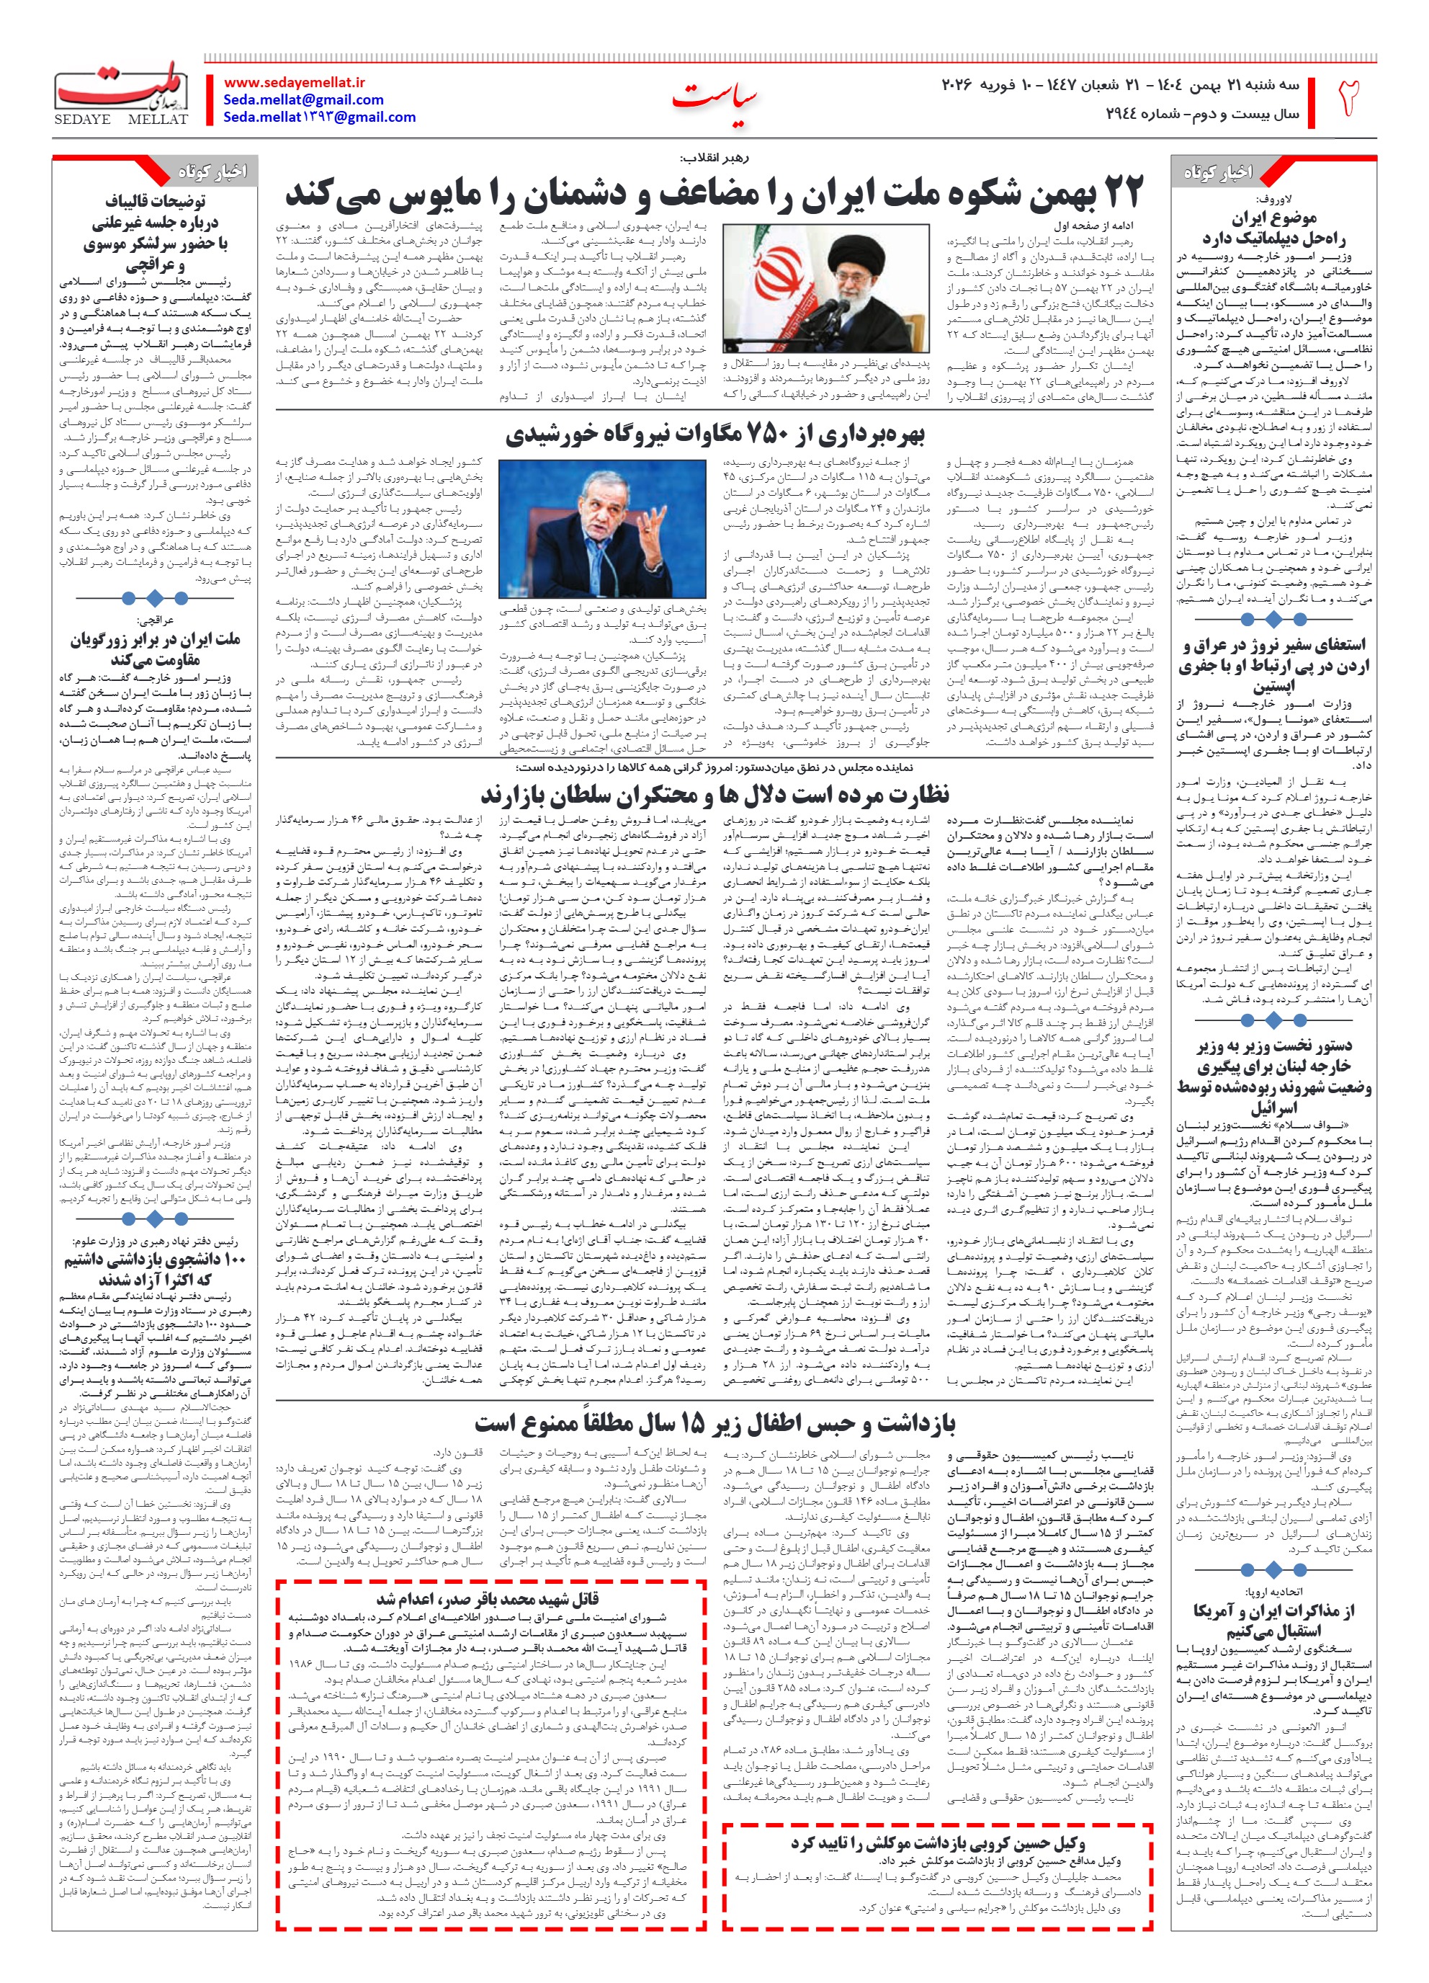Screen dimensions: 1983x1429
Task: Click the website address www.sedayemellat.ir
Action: coord(295,82)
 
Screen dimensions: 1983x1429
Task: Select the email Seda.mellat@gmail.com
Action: coord(303,99)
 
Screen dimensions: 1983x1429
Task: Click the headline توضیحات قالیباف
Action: coord(156,202)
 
